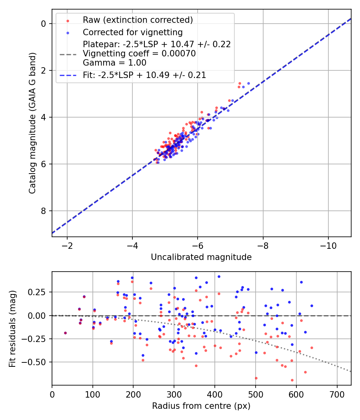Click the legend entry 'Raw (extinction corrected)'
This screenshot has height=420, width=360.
138,20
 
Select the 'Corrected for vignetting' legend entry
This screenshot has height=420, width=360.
132,32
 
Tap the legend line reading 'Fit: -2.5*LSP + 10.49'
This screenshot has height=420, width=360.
144,75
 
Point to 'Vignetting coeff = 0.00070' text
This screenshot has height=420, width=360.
139,54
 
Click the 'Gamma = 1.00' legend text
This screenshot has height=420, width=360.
114,63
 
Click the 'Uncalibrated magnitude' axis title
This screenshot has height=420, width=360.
201,257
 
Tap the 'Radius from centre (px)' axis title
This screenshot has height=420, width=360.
201,406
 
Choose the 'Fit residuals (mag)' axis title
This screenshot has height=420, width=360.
12,328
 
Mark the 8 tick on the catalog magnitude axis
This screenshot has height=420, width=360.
44,211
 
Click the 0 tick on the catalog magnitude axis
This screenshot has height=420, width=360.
44,24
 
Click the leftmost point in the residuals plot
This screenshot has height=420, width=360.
65,333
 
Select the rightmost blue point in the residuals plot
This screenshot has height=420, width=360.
312,306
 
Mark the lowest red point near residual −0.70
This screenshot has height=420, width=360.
292,380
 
